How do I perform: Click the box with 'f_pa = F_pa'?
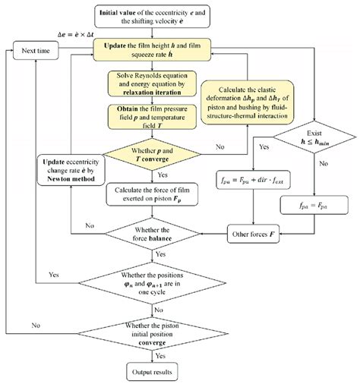[312, 204]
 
